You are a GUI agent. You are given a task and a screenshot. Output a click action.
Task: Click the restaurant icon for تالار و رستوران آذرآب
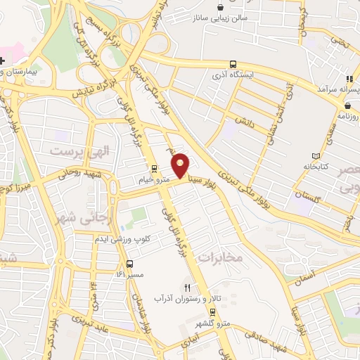187,288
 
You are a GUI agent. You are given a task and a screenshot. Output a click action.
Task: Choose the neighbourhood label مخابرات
221,257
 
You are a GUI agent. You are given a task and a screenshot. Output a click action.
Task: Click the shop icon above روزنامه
347,106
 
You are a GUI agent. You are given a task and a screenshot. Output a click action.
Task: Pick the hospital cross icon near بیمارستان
4,60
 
